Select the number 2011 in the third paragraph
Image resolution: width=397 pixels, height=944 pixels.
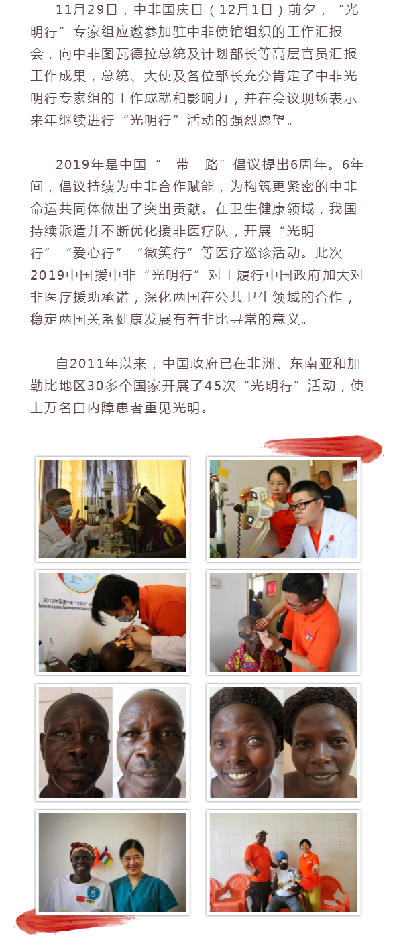coord(87,363)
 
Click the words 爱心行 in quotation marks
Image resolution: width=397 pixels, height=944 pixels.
coord(93,253)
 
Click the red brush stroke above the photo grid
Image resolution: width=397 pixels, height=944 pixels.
coord(323,447)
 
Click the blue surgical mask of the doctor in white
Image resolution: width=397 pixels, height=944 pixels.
coord(64,511)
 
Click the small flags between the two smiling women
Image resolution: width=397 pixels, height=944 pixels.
coord(103,856)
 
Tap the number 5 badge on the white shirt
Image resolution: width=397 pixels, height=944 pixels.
coord(93,892)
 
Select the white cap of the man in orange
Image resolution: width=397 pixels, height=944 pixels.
coord(262,833)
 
